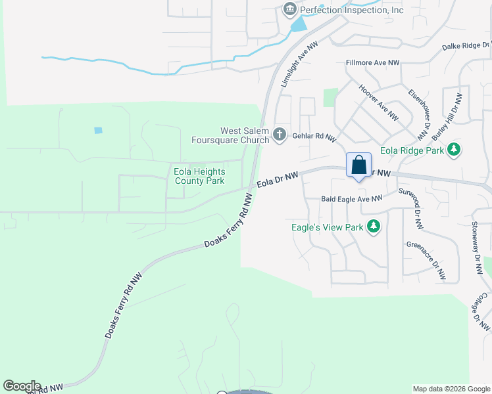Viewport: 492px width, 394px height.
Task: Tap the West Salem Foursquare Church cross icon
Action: click(x=280, y=135)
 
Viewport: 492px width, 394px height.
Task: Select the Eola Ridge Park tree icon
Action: click(x=453, y=150)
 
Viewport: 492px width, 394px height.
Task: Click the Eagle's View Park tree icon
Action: click(x=374, y=227)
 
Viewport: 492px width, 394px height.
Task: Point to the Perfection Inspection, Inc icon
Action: click(x=289, y=10)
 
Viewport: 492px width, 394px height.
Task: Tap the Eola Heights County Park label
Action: click(x=199, y=176)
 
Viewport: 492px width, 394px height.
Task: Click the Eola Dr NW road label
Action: click(x=278, y=179)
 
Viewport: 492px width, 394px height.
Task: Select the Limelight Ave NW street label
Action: click(x=294, y=66)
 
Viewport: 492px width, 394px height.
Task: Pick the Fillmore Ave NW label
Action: click(x=373, y=63)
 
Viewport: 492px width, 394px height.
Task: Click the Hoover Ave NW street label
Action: click(x=378, y=101)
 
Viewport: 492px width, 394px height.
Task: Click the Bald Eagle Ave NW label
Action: click(x=351, y=198)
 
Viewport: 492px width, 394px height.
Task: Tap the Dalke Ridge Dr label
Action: click(x=466, y=46)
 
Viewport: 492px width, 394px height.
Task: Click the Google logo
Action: click(x=22, y=386)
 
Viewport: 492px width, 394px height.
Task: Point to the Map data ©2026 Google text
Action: click(x=451, y=389)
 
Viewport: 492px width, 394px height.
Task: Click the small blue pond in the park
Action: click(x=98, y=130)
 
